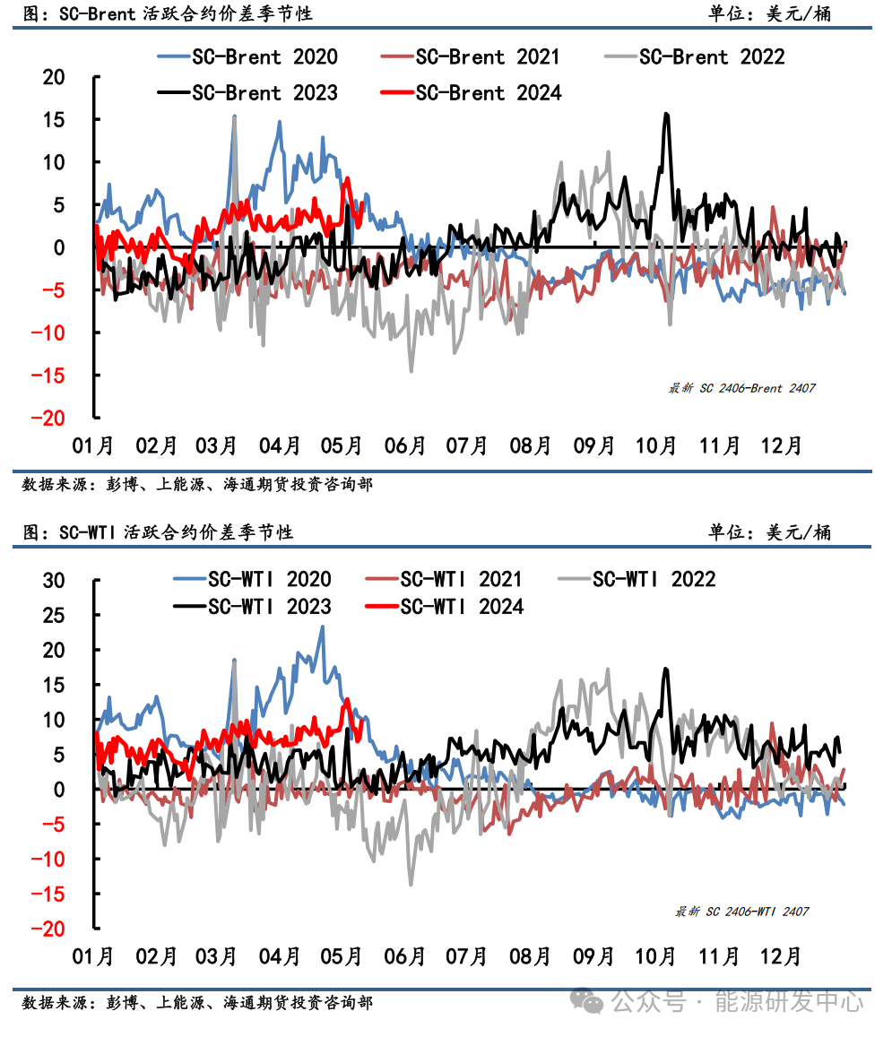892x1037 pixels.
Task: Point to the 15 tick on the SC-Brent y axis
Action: point(54,119)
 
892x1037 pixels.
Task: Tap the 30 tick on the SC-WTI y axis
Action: point(54,579)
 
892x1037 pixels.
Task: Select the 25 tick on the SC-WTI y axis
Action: point(54,614)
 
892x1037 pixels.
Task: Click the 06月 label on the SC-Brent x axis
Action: point(405,445)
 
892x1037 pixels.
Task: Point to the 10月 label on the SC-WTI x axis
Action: point(655,956)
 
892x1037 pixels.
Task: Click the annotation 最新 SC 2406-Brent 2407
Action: point(741,388)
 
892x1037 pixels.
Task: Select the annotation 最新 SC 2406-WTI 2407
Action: point(741,912)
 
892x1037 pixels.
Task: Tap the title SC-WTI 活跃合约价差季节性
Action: point(159,532)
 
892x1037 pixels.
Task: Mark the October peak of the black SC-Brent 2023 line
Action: point(666,114)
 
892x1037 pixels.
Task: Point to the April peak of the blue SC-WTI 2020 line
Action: point(322,627)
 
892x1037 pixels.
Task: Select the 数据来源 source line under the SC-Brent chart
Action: point(197,485)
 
